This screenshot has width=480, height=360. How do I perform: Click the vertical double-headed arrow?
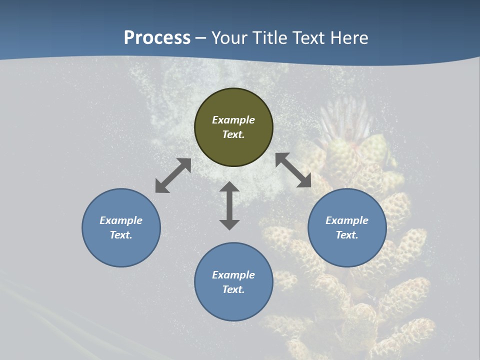point(229,205)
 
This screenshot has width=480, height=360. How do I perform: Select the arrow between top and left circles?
point(173,175)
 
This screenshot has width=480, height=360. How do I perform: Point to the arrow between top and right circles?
point(293,170)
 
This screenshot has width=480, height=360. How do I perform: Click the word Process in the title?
point(157,38)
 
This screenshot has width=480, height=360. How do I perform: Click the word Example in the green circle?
point(233,120)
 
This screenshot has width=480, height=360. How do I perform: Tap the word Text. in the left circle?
point(121,235)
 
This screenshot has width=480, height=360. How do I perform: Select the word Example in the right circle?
point(347,220)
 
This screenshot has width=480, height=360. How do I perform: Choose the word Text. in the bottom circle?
point(233,289)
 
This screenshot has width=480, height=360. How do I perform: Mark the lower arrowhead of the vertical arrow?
point(229,224)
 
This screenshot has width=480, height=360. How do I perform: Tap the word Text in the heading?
point(308,38)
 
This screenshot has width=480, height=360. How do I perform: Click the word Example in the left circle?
point(121,220)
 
